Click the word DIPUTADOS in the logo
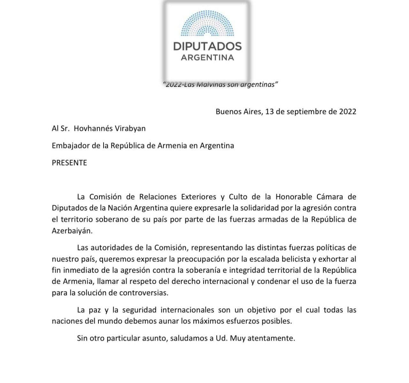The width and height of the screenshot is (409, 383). (x=207, y=47)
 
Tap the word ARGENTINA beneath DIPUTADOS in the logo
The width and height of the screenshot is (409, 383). (x=207, y=58)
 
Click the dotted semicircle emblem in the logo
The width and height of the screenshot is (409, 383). (x=207, y=24)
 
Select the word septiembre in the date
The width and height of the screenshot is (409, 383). (x=305, y=112)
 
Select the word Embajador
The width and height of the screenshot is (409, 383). (x=71, y=146)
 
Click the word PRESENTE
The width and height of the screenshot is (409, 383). (x=69, y=163)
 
